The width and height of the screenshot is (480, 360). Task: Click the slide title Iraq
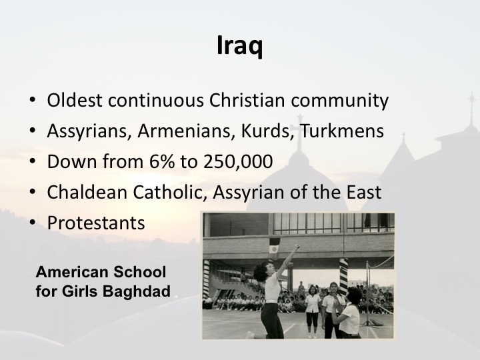point(239,45)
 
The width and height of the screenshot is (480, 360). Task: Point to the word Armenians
point(186,131)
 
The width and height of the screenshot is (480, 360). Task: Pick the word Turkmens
point(341,131)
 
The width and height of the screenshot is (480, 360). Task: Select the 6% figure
point(162,161)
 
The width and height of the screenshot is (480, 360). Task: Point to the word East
point(364,192)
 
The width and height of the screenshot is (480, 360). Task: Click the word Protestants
point(96,223)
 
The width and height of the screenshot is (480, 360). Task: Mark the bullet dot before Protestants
point(33,223)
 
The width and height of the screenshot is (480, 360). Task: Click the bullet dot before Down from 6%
point(33,161)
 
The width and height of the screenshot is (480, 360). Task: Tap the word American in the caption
point(71,272)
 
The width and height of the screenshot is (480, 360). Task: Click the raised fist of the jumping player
point(296,246)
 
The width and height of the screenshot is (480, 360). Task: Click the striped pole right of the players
point(343,275)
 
